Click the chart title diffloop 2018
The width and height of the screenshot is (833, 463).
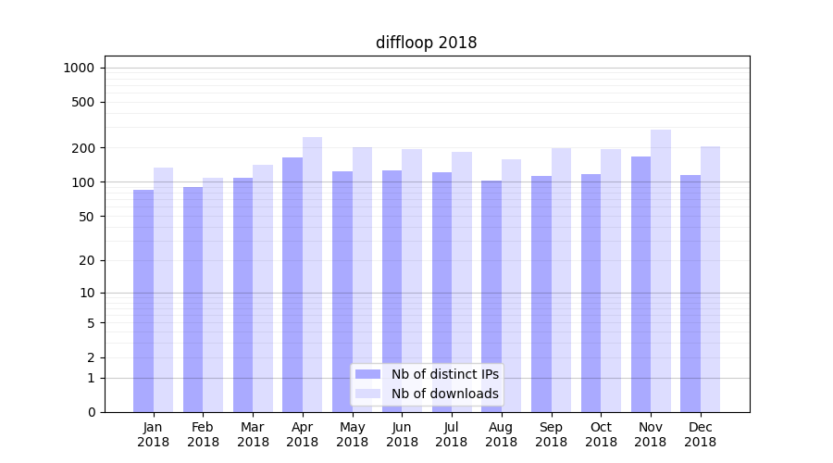(426, 43)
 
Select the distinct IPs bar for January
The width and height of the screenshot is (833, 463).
(143, 301)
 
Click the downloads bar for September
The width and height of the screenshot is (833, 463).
(561, 280)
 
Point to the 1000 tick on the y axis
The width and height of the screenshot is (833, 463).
(79, 68)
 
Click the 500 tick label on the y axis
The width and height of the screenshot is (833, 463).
(82, 102)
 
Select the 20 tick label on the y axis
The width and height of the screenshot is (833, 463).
(86, 260)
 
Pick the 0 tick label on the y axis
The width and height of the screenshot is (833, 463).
(90, 412)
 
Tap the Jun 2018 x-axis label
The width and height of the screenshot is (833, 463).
(402, 434)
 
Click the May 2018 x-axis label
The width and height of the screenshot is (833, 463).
(352, 434)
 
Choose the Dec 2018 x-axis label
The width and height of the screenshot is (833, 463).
(701, 434)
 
